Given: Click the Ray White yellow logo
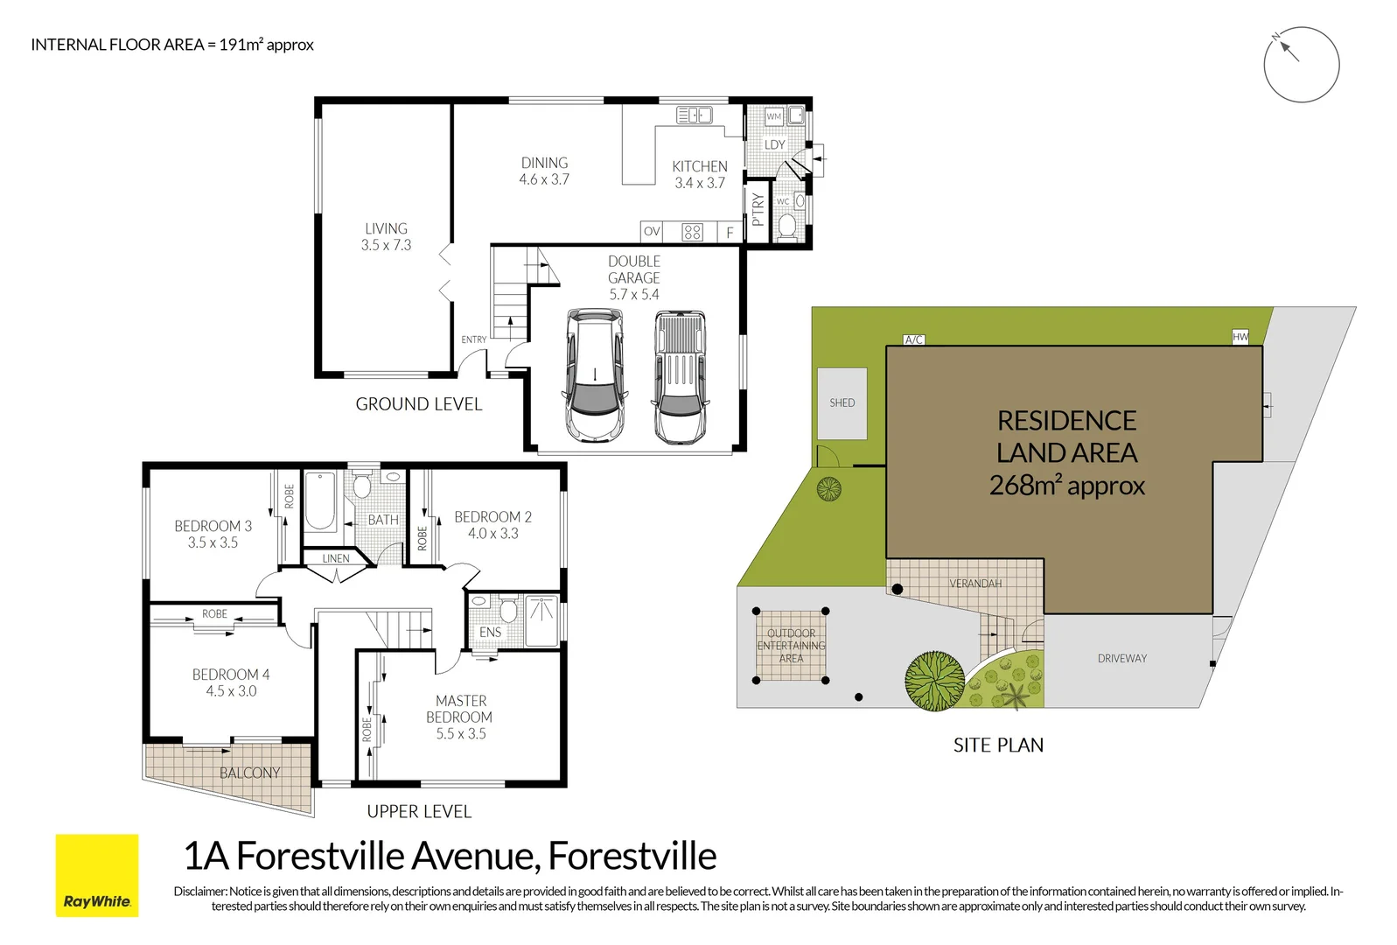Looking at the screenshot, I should coord(97,875).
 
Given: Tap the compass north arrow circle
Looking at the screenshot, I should coord(1301,64).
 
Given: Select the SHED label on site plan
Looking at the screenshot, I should coord(842,402).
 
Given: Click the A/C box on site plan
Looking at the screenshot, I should coord(913,339).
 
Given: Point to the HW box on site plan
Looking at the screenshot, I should coord(1240,337).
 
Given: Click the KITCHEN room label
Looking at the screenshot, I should coord(699,166).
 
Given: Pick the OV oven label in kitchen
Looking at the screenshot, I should coord(651,232).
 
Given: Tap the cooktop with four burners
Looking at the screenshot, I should coord(692,232).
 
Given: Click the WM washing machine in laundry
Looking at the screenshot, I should coord(773,115).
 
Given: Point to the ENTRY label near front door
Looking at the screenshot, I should coord(473,339).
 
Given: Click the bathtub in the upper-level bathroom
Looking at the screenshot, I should coord(320,501).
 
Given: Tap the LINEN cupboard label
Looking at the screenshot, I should coord(336,558).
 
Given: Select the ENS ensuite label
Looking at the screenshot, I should coord(490,632).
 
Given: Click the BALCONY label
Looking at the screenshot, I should coord(250,773).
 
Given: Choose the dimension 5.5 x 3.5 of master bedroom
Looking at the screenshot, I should coord(461,733).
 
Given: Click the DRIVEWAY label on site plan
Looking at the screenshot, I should coord(1121,658).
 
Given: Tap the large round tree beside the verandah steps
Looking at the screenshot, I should coord(934,679).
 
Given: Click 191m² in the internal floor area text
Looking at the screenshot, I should coord(241,45).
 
